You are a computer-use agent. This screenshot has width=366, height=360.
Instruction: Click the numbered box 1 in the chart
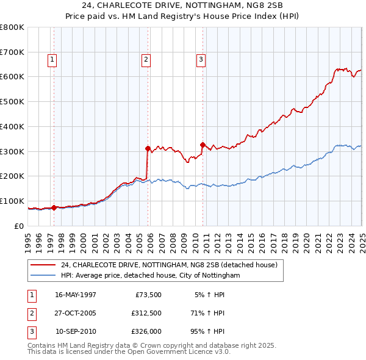point(52,60)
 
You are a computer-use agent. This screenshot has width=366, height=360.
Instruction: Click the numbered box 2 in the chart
point(146,60)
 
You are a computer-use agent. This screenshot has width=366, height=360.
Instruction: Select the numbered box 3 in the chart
point(201,60)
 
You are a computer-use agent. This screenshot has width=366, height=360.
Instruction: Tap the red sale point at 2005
point(148,148)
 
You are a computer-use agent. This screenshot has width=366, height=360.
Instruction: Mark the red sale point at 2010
point(203,145)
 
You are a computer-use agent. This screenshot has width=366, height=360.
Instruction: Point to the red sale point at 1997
point(54,207)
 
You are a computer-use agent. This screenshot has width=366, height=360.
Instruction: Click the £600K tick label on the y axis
point(12,77)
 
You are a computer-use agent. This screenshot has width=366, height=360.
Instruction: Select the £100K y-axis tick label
point(12,201)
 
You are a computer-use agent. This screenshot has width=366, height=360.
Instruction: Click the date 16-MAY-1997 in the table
point(76,294)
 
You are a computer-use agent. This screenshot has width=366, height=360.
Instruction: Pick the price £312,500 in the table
point(146,313)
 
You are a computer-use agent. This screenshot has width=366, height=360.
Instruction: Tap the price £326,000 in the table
point(146,332)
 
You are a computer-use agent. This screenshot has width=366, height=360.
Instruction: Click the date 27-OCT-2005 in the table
point(76,313)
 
